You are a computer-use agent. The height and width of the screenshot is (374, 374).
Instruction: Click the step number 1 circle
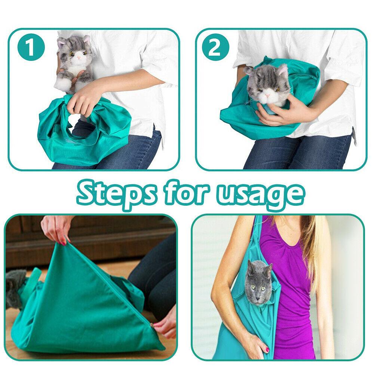31,48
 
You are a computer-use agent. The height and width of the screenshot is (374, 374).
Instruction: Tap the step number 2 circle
215,48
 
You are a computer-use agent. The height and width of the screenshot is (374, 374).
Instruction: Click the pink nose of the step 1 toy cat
79,59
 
